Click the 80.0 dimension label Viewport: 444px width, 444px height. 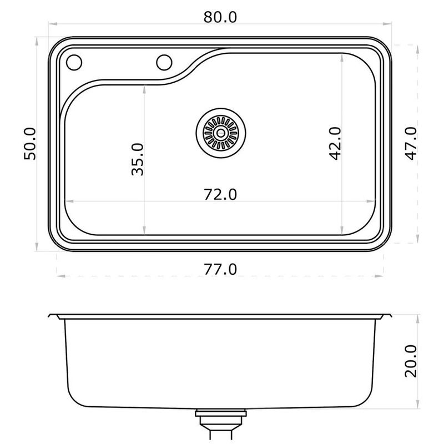click(220, 17)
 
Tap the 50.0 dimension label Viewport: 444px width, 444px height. click(30, 144)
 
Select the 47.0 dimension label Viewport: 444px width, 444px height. click(411, 143)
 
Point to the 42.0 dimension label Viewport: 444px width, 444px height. click(336, 144)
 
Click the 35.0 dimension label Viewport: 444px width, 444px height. click(138, 159)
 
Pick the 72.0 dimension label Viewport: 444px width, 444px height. click(220, 195)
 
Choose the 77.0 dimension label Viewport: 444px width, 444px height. click(220, 269)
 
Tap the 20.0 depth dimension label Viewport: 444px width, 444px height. click(411, 361)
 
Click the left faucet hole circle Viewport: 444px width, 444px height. click(74, 62)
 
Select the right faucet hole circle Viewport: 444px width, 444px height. click(164, 62)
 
